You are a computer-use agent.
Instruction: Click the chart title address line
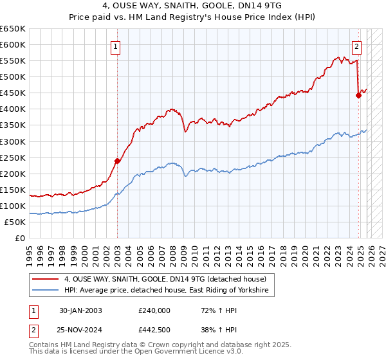[192, 6]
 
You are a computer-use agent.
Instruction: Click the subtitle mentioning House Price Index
[192, 17]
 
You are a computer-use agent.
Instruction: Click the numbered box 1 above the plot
[115, 46]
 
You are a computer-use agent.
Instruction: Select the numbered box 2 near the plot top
[356, 46]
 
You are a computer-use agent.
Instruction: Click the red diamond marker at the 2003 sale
[117, 161]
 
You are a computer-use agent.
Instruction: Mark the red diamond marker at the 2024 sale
[358, 95]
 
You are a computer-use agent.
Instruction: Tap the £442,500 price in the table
[154, 329]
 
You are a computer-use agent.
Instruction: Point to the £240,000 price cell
[154, 310]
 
